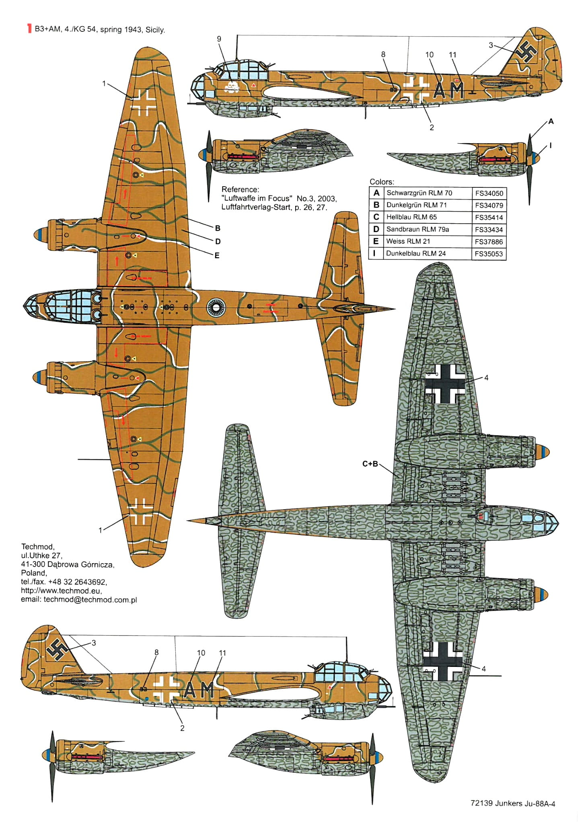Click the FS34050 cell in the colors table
(489, 193)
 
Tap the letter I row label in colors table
(376, 253)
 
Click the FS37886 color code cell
(489, 242)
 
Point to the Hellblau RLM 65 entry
(411, 217)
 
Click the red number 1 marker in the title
(29, 29)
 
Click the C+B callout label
(370, 464)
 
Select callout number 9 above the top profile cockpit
(219, 39)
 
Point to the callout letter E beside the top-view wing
(217, 255)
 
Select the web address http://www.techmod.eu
(61, 591)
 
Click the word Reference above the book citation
(240, 189)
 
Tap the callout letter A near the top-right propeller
(551, 121)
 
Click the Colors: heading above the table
(382, 182)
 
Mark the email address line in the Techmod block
(79, 600)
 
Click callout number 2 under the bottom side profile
(182, 728)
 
